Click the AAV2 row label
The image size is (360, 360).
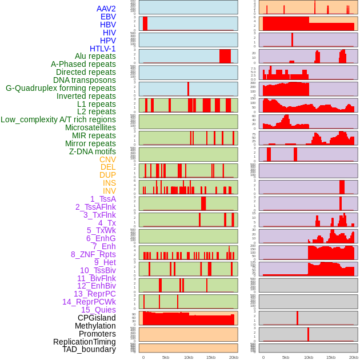coord(106,9)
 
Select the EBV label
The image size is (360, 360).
coord(108,17)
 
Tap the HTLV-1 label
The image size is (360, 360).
coord(102,49)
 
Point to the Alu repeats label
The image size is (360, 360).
coord(95,56)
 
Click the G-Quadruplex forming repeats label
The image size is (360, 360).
coord(61,88)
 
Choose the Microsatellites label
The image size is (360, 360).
coord(90,127)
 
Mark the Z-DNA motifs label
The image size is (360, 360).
coord(93,151)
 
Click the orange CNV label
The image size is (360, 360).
coord(107,159)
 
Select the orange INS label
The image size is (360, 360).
coord(109,183)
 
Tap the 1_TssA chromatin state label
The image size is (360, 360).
coord(103,199)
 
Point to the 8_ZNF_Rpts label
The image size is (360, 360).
coord(93,254)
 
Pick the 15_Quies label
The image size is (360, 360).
coord(98,310)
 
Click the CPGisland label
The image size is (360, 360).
coord(97,318)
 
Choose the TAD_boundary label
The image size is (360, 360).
coord(89,349)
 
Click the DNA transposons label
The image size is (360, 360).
coord(85,80)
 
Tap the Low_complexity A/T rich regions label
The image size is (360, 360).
coord(58,119)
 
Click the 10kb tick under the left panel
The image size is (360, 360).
coord(188,357)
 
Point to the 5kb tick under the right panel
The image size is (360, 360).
coord(286,357)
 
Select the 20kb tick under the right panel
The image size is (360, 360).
coord(353,357)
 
